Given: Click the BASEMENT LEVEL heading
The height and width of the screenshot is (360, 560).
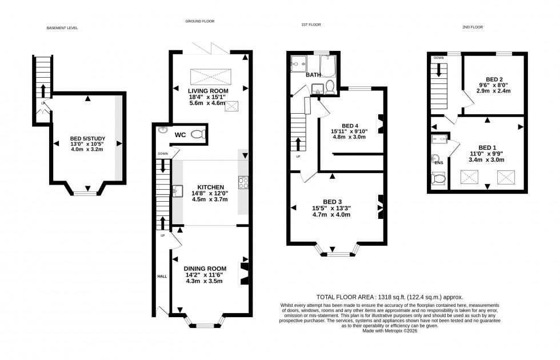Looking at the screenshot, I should tap(62, 27).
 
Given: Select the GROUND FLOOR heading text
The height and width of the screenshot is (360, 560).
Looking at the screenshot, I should tap(199, 21).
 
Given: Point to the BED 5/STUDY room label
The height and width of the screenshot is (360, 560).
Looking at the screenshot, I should tap(86, 138).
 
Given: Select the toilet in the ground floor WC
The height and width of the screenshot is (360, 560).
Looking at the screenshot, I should tap(197, 134).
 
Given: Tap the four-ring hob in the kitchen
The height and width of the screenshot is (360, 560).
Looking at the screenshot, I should tap(242, 183).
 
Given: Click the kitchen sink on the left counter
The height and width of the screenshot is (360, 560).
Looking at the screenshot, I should tap(177, 191).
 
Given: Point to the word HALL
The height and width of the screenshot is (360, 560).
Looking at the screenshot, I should tap(162, 276).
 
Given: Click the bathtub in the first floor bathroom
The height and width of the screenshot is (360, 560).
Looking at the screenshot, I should tap(328, 66).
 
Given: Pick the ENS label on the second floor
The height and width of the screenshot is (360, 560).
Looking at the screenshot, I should tap(439, 163).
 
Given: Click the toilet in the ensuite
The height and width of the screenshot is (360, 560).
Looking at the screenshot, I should tap(439, 179).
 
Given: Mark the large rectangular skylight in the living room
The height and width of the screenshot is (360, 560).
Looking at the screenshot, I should tap(209, 76).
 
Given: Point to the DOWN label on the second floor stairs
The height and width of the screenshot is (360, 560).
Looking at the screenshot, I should tap(439, 58).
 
